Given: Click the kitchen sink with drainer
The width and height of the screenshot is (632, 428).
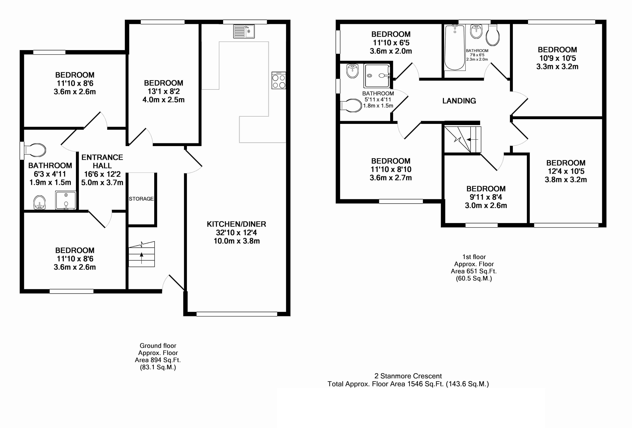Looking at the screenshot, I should pyautogui.click(x=244, y=31).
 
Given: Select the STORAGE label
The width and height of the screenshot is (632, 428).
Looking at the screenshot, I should pyautogui.click(x=141, y=199).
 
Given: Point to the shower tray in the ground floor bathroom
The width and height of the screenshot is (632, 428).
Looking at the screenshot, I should pyautogui.click(x=66, y=200).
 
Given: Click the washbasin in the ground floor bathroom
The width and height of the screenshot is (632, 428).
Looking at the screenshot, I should pyautogui.click(x=39, y=203).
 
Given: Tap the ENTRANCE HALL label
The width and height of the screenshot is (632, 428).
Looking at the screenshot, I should pyautogui.click(x=102, y=161).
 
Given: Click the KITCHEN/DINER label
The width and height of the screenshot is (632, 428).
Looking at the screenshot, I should pyautogui.click(x=236, y=224).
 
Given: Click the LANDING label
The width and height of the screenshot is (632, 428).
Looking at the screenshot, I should pyautogui.click(x=459, y=101).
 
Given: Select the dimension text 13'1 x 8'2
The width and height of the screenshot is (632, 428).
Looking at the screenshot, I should pyautogui.click(x=163, y=91).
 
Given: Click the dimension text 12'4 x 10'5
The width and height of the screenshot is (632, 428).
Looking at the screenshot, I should pyautogui.click(x=566, y=171).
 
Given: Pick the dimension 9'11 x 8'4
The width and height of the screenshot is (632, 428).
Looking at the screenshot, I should pyautogui.click(x=486, y=197).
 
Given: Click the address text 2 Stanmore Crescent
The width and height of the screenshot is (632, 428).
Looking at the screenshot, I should pyautogui.click(x=408, y=376).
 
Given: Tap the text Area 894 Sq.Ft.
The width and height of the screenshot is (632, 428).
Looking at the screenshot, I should pyautogui.click(x=158, y=360).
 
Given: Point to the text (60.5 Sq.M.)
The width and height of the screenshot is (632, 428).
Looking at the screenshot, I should pyautogui.click(x=474, y=278).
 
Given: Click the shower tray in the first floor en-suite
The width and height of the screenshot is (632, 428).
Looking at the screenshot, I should pyautogui.click(x=377, y=76).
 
